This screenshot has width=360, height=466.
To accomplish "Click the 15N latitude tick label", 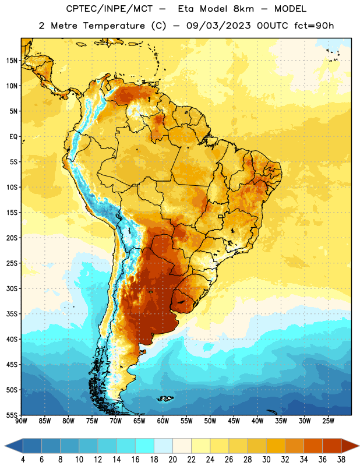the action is pos(12,61).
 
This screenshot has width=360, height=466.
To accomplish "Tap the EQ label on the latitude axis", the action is pos(13,137).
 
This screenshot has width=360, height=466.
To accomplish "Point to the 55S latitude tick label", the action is pos(12,415).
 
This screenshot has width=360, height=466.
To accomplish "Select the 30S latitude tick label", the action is pos(12,288).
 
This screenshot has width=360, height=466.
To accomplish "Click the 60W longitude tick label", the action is pos(163,421).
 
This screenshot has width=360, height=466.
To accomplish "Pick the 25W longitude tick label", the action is pos(328,421).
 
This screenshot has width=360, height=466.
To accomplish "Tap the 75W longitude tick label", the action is pos(92,421).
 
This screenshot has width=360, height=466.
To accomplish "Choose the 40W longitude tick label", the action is pos(257,421).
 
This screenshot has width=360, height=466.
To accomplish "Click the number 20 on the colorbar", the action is pos(172,460).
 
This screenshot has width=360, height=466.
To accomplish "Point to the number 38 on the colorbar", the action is pos(341,460).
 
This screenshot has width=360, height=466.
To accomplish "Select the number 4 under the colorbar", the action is pos(23,460).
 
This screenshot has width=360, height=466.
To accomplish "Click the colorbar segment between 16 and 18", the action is pos(145,446).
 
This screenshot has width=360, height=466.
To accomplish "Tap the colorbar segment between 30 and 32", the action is pos(276,446).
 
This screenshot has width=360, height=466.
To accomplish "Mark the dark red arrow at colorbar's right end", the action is pos(350,446).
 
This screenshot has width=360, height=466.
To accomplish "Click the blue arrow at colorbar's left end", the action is pos(14,446).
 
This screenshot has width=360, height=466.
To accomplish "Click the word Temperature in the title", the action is pos(114,26).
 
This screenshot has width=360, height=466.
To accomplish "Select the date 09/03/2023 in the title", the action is pos(218,26).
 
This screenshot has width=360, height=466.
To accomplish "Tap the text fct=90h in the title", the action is pos(314,26).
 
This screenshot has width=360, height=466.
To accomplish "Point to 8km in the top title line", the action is pos(243,9).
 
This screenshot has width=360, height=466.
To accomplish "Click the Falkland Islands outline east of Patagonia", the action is pos(165,398).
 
